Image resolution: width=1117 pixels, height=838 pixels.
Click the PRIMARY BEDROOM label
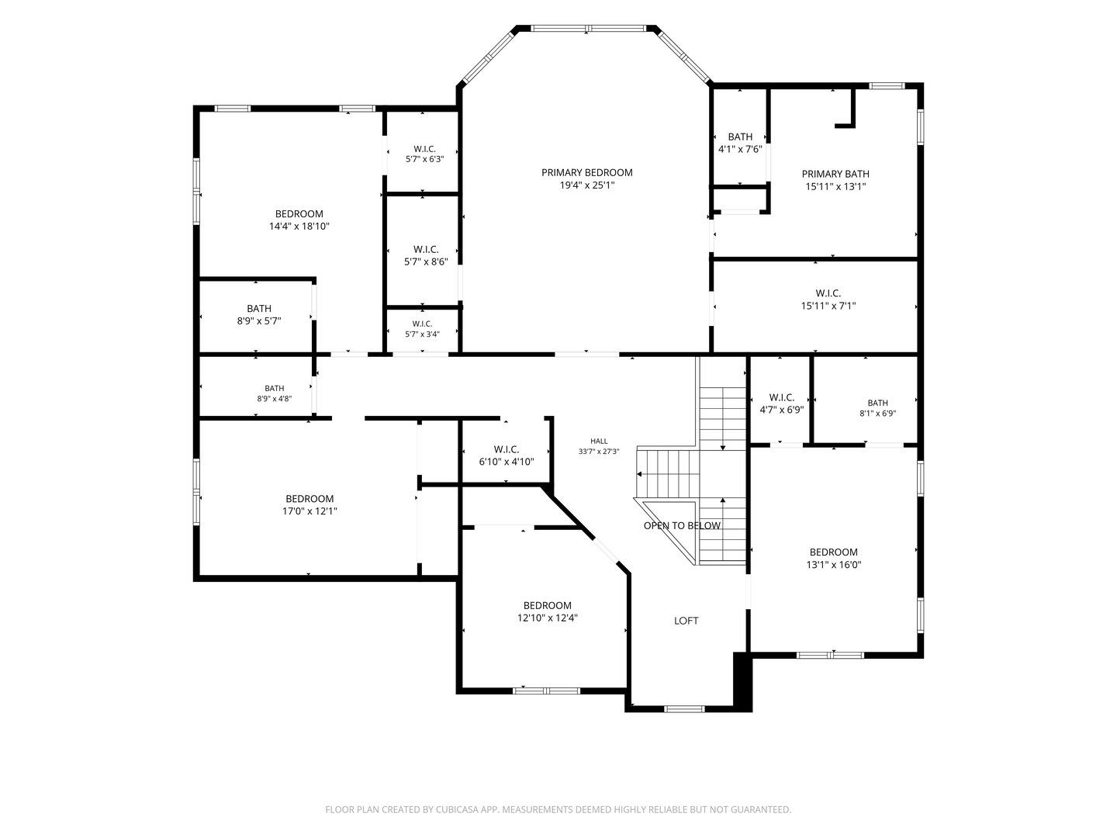tap(586, 172)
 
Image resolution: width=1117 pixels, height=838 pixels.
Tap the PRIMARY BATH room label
tap(835, 174)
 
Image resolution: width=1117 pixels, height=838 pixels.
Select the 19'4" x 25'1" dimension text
tap(586, 185)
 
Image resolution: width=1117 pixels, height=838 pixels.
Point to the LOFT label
tap(686, 621)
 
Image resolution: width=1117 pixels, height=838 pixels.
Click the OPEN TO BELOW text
tap(682, 525)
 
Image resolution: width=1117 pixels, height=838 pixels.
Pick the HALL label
tap(599, 442)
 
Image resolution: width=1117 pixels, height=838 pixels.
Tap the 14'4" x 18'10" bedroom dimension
tap(299, 227)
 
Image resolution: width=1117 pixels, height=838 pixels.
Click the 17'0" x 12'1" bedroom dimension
tap(310, 511)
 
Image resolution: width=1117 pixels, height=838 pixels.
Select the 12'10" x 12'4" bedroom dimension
tap(548, 618)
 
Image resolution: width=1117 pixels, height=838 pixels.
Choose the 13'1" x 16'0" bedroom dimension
tap(834, 565)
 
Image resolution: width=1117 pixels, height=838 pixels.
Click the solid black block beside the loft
tap(742, 682)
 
